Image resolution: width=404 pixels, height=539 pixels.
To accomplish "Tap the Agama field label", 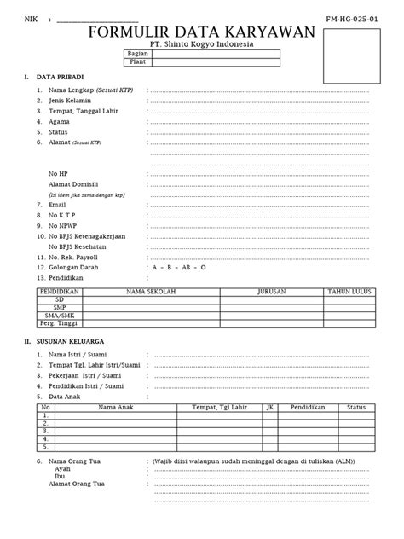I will (60, 121).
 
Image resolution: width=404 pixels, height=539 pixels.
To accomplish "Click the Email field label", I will (58, 205).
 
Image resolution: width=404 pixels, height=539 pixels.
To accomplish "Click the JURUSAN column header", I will (271, 292).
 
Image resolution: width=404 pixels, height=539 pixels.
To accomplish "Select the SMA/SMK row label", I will (59, 315).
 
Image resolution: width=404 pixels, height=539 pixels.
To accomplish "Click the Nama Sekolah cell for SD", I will (150, 299).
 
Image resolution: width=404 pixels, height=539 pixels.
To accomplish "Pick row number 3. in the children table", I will (45, 431).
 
